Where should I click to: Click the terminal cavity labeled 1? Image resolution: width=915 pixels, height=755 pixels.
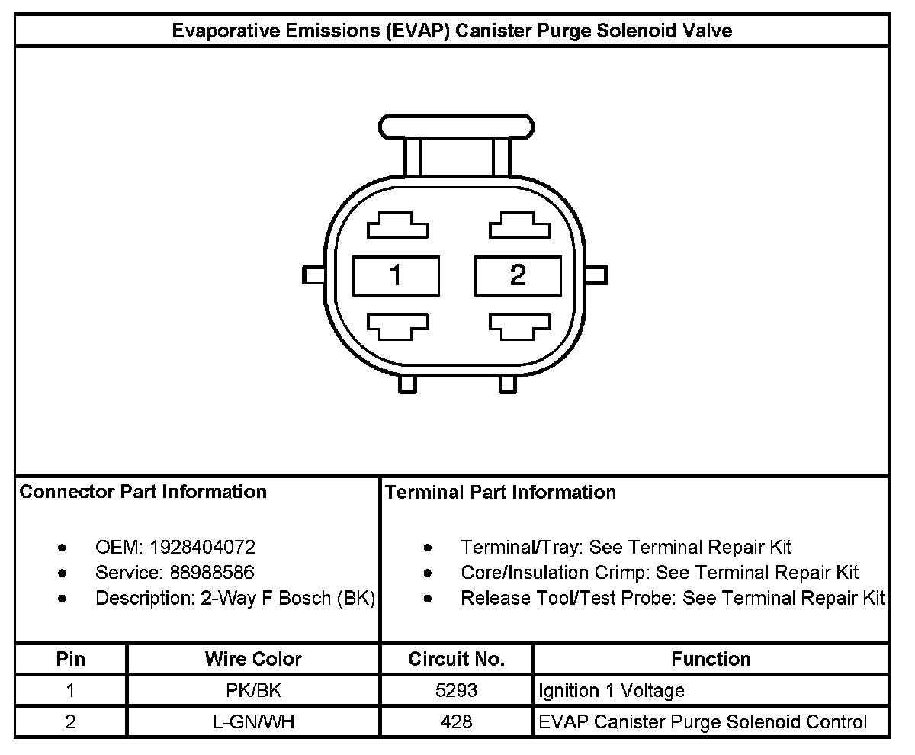396,275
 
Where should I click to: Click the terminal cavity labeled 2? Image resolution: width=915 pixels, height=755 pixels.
518,275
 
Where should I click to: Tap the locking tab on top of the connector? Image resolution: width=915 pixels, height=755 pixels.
457,126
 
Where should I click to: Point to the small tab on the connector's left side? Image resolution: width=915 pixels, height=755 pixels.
313,274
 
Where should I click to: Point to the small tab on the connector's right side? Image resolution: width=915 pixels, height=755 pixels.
598,274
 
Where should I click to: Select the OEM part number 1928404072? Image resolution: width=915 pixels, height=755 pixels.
202,547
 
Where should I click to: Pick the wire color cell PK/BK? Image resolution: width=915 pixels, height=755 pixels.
252,691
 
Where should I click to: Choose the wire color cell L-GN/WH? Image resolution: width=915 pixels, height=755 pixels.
252,721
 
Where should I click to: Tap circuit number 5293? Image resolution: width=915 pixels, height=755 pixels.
456,691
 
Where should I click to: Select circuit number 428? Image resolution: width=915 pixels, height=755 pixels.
456,721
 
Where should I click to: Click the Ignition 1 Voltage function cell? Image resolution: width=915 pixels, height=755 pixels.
612,691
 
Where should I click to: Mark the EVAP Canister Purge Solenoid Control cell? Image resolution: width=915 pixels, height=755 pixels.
702,721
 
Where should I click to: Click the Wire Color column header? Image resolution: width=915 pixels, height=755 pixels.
252,659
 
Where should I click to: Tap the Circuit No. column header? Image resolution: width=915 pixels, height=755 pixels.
456,659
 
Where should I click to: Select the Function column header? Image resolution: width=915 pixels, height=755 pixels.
711,659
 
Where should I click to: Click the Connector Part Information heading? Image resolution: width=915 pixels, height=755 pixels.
143,492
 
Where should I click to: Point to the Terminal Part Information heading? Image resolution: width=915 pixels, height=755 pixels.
500,493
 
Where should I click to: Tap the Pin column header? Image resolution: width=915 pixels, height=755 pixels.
71,659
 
